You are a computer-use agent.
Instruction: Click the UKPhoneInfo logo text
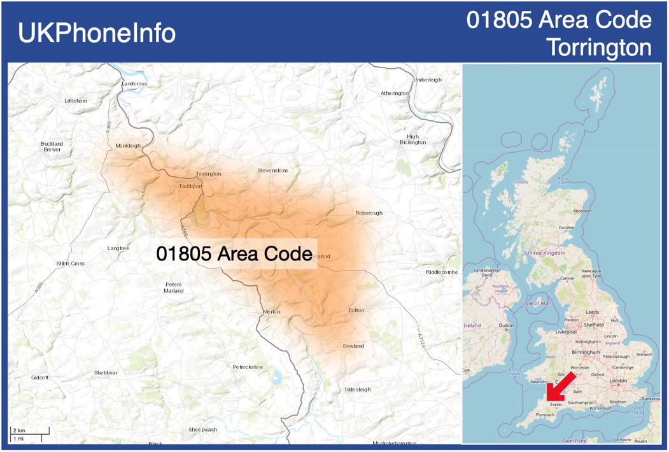coord(97,33)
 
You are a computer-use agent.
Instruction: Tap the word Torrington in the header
coord(599,47)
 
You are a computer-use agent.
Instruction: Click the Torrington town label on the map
coord(209,174)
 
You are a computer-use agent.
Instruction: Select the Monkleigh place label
coord(128,146)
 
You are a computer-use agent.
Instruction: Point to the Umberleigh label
coord(427,80)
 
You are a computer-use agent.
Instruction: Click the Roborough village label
coord(369,213)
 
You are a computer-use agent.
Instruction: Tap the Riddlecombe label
coord(442,272)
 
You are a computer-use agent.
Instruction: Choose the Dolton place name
coord(356,310)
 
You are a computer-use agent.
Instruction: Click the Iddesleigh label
coord(357,389)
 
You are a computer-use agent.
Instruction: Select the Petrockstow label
coord(248,367)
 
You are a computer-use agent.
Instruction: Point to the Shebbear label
coord(106,372)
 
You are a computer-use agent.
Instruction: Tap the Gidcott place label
coord(39,378)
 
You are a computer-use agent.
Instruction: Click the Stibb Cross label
coord(70,264)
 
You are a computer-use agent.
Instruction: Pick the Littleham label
coord(75,101)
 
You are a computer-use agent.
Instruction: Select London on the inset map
coord(618,381)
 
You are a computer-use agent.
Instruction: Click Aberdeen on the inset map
coord(582,210)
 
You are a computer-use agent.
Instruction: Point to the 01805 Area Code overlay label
coord(234,254)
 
